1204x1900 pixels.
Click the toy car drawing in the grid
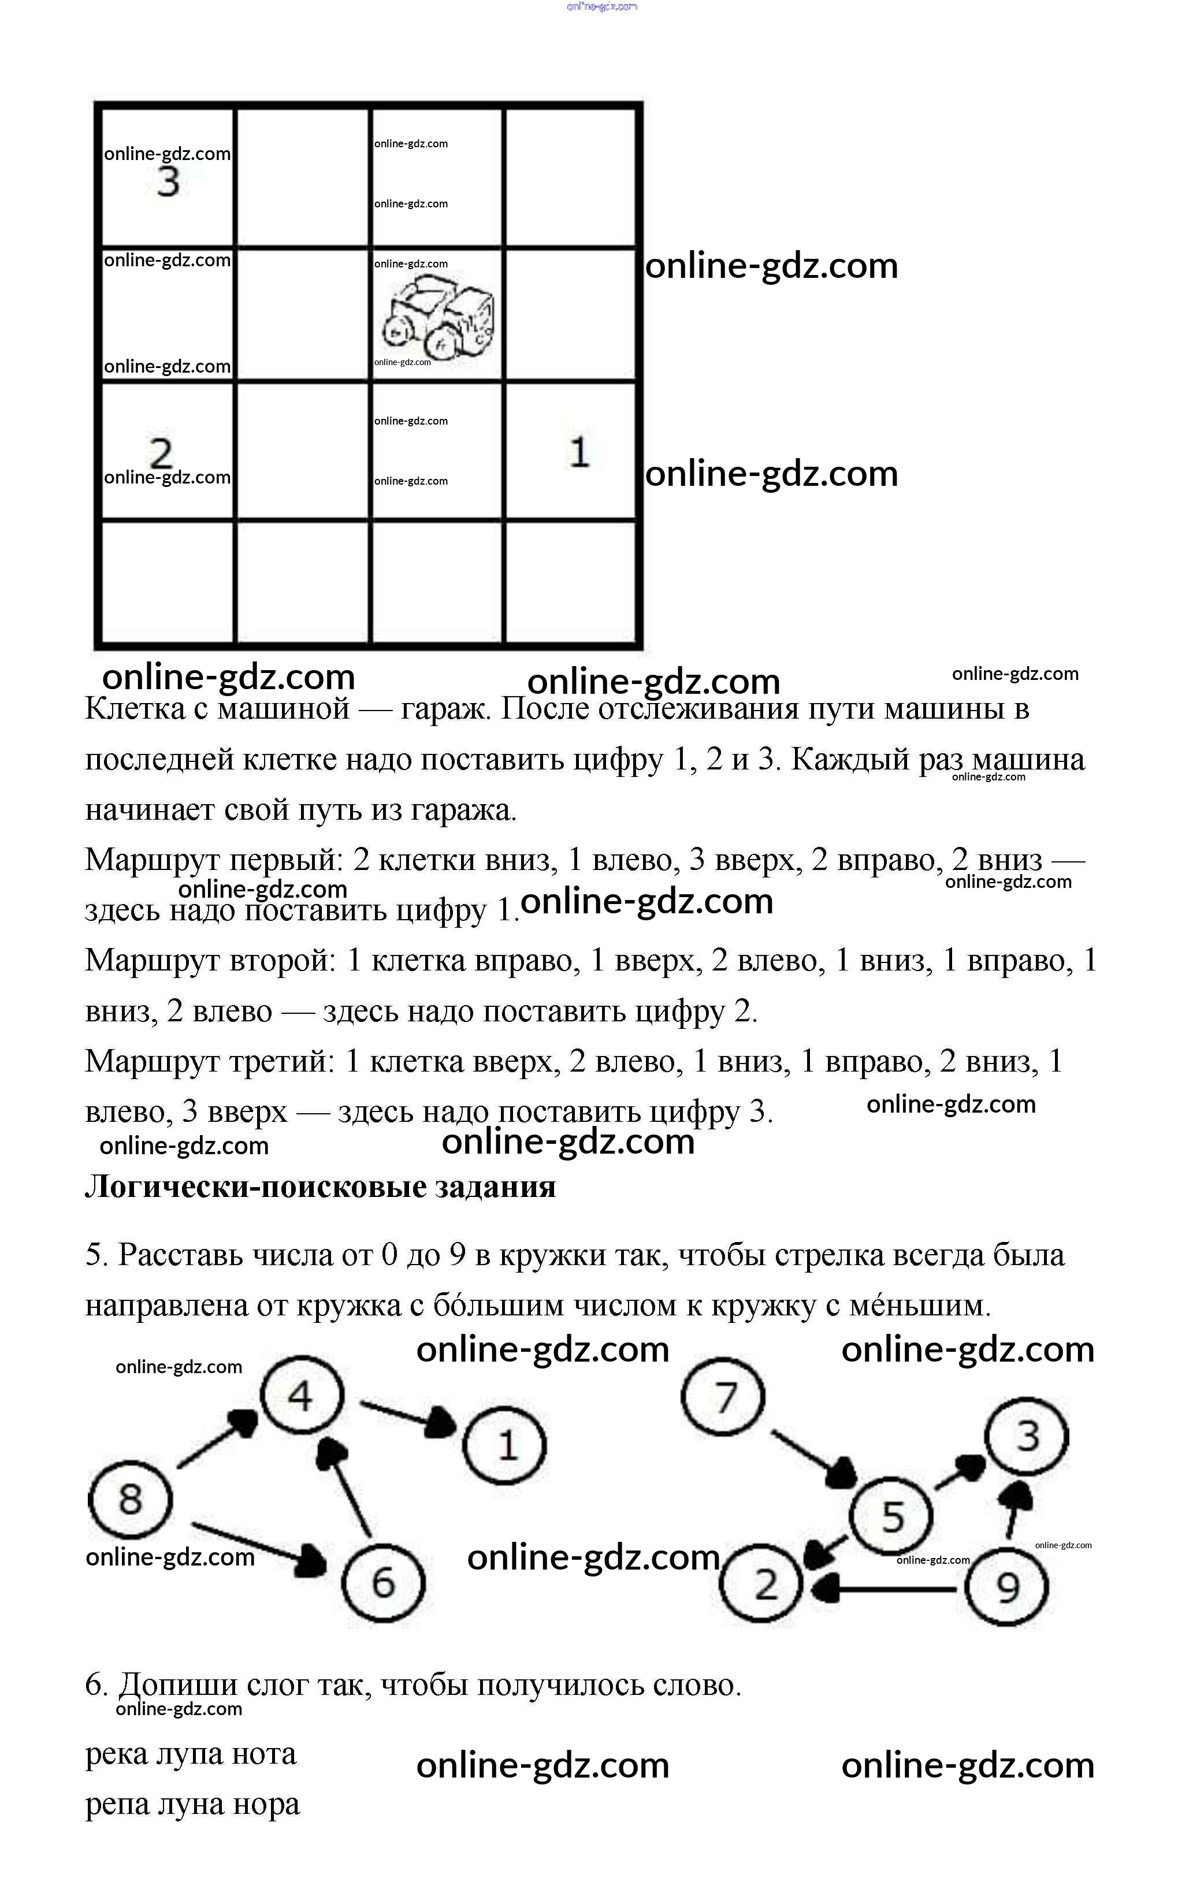click(438, 318)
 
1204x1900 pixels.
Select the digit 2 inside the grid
click(161, 452)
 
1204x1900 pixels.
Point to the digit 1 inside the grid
click(579, 452)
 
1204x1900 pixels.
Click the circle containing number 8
click(130, 1500)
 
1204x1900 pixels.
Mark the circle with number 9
click(1008, 1587)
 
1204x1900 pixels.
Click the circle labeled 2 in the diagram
click(762, 1585)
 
